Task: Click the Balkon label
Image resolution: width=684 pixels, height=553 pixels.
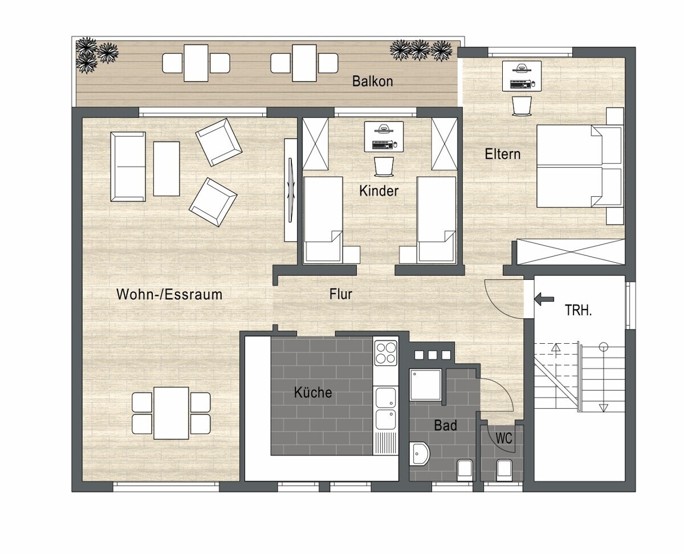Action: point(373,82)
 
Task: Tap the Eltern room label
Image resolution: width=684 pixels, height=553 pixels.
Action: point(503,154)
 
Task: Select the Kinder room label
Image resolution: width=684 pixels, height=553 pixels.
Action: point(379,191)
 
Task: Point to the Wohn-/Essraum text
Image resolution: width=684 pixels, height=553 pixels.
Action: point(169,294)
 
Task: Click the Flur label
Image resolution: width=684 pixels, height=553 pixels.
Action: point(341,294)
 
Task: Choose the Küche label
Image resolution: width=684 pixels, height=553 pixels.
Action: point(313,392)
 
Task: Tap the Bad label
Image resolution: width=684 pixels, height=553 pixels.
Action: point(445,425)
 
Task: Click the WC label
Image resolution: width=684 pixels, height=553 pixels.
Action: point(504,438)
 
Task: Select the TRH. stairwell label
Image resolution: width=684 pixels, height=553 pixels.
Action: point(579,311)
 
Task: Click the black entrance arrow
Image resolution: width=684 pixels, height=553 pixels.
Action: point(544,299)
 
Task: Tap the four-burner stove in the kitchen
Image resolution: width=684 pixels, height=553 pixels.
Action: point(386,353)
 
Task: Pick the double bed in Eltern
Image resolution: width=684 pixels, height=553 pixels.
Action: point(579,166)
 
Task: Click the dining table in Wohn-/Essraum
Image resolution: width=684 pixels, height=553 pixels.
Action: point(171,413)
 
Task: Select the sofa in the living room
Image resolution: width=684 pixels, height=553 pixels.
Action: point(128,166)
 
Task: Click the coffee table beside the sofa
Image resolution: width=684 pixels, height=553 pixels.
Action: point(166,169)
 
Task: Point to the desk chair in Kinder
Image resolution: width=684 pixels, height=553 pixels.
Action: point(384,166)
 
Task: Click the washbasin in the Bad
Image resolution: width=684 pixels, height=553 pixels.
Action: point(419,454)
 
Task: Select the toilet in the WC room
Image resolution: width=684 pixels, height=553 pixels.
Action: point(503,470)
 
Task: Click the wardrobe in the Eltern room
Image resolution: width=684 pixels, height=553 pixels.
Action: point(570,252)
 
